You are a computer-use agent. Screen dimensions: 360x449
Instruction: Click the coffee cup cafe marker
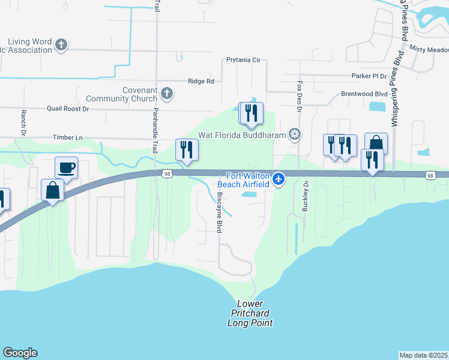click(66, 167)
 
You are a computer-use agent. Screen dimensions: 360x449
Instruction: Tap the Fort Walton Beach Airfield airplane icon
click(279, 179)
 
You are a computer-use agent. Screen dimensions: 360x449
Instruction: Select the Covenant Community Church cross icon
click(167, 93)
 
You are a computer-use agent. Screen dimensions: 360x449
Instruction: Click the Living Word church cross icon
click(61, 44)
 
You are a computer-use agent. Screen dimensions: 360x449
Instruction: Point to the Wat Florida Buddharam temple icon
click(295, 134)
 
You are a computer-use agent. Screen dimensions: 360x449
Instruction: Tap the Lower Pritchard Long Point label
click(250, 313)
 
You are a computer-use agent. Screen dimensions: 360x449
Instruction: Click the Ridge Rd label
click(200, 81)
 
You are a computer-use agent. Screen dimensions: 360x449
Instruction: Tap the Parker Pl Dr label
click(370, 76)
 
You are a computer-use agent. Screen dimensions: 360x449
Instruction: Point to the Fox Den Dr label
click(298, 96)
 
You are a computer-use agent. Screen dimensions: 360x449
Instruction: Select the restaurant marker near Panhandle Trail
click(187, 149)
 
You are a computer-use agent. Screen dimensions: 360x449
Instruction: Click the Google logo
click(20, 353)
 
